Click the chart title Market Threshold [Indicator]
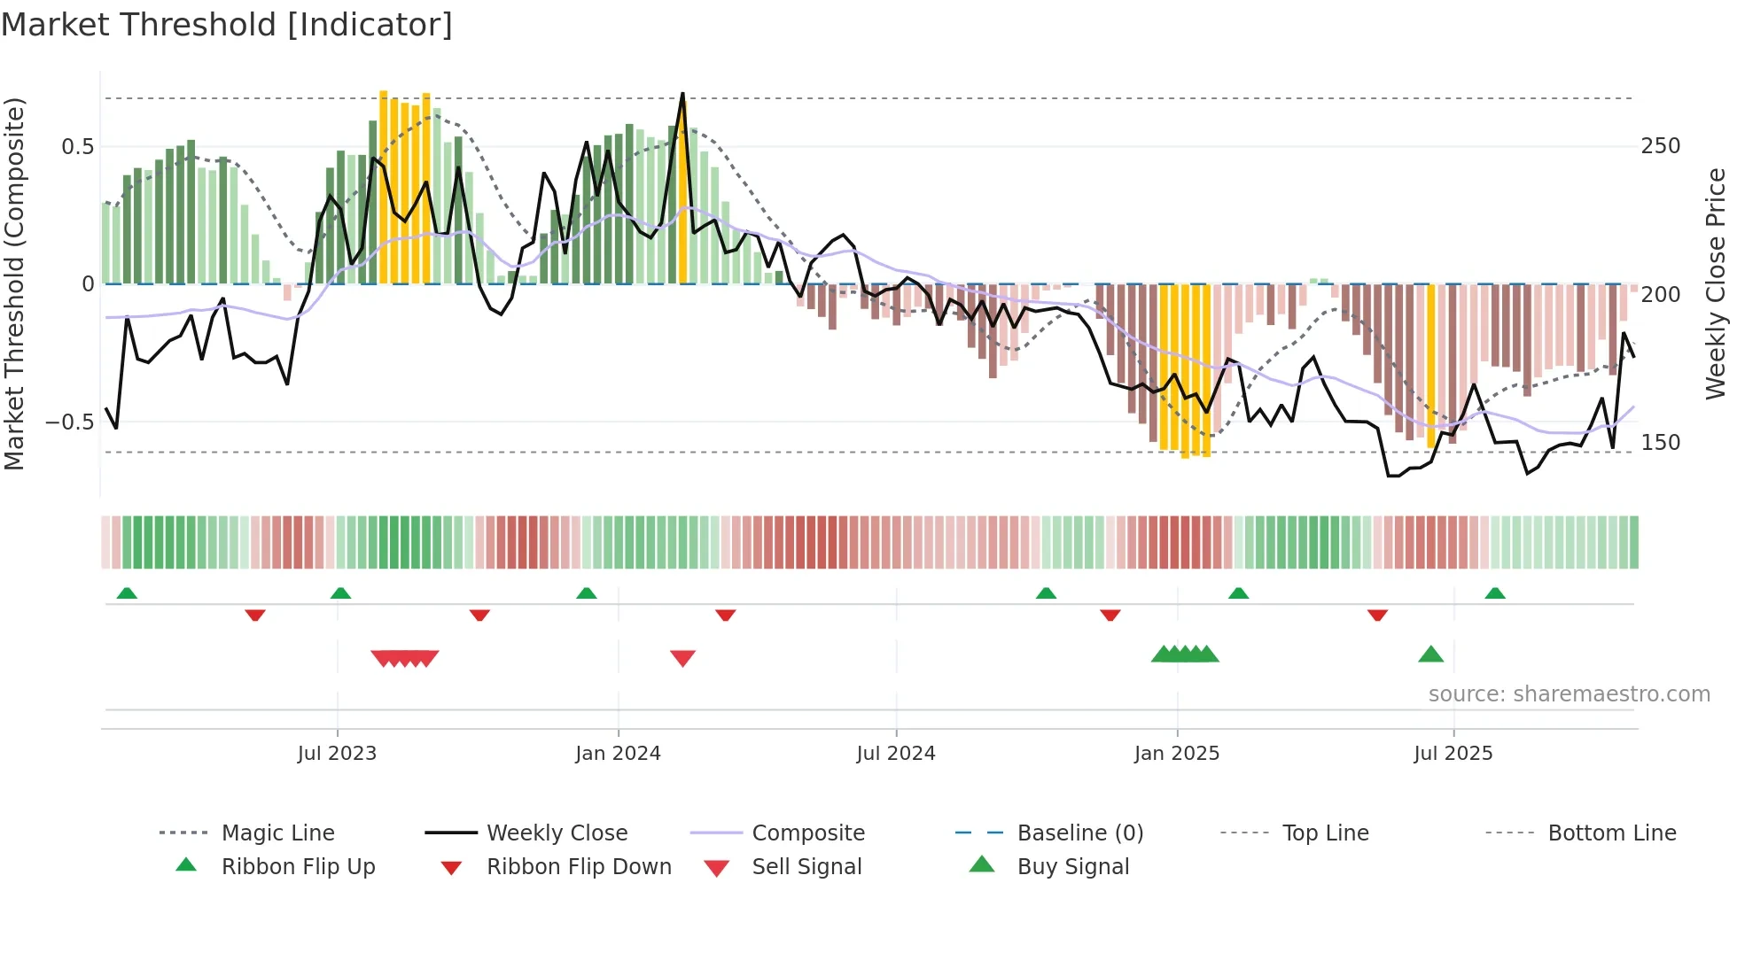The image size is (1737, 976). [x=227, y=25]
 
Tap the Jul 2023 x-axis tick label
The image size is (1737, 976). [x=337, y=754]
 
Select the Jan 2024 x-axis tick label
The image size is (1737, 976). [x=618, y=754]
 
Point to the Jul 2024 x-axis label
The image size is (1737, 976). [x=896, y=754]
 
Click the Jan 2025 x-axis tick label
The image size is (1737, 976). [x=1177, y=754]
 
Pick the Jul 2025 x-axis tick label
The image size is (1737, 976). [x=1453, y=754]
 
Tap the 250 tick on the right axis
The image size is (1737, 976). [x=1661, y=146]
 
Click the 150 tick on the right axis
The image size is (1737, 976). [x=1661, y=442]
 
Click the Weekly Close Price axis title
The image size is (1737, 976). [x=1716, y=283]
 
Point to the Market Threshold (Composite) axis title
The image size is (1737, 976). [x=14, y=283]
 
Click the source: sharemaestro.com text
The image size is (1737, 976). [x=1569, y=694]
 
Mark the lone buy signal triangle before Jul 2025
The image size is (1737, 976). [x=1430, y=655]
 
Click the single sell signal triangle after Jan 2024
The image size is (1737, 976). [x=682, y=658]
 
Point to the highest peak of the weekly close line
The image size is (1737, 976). [x=682, y=94]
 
